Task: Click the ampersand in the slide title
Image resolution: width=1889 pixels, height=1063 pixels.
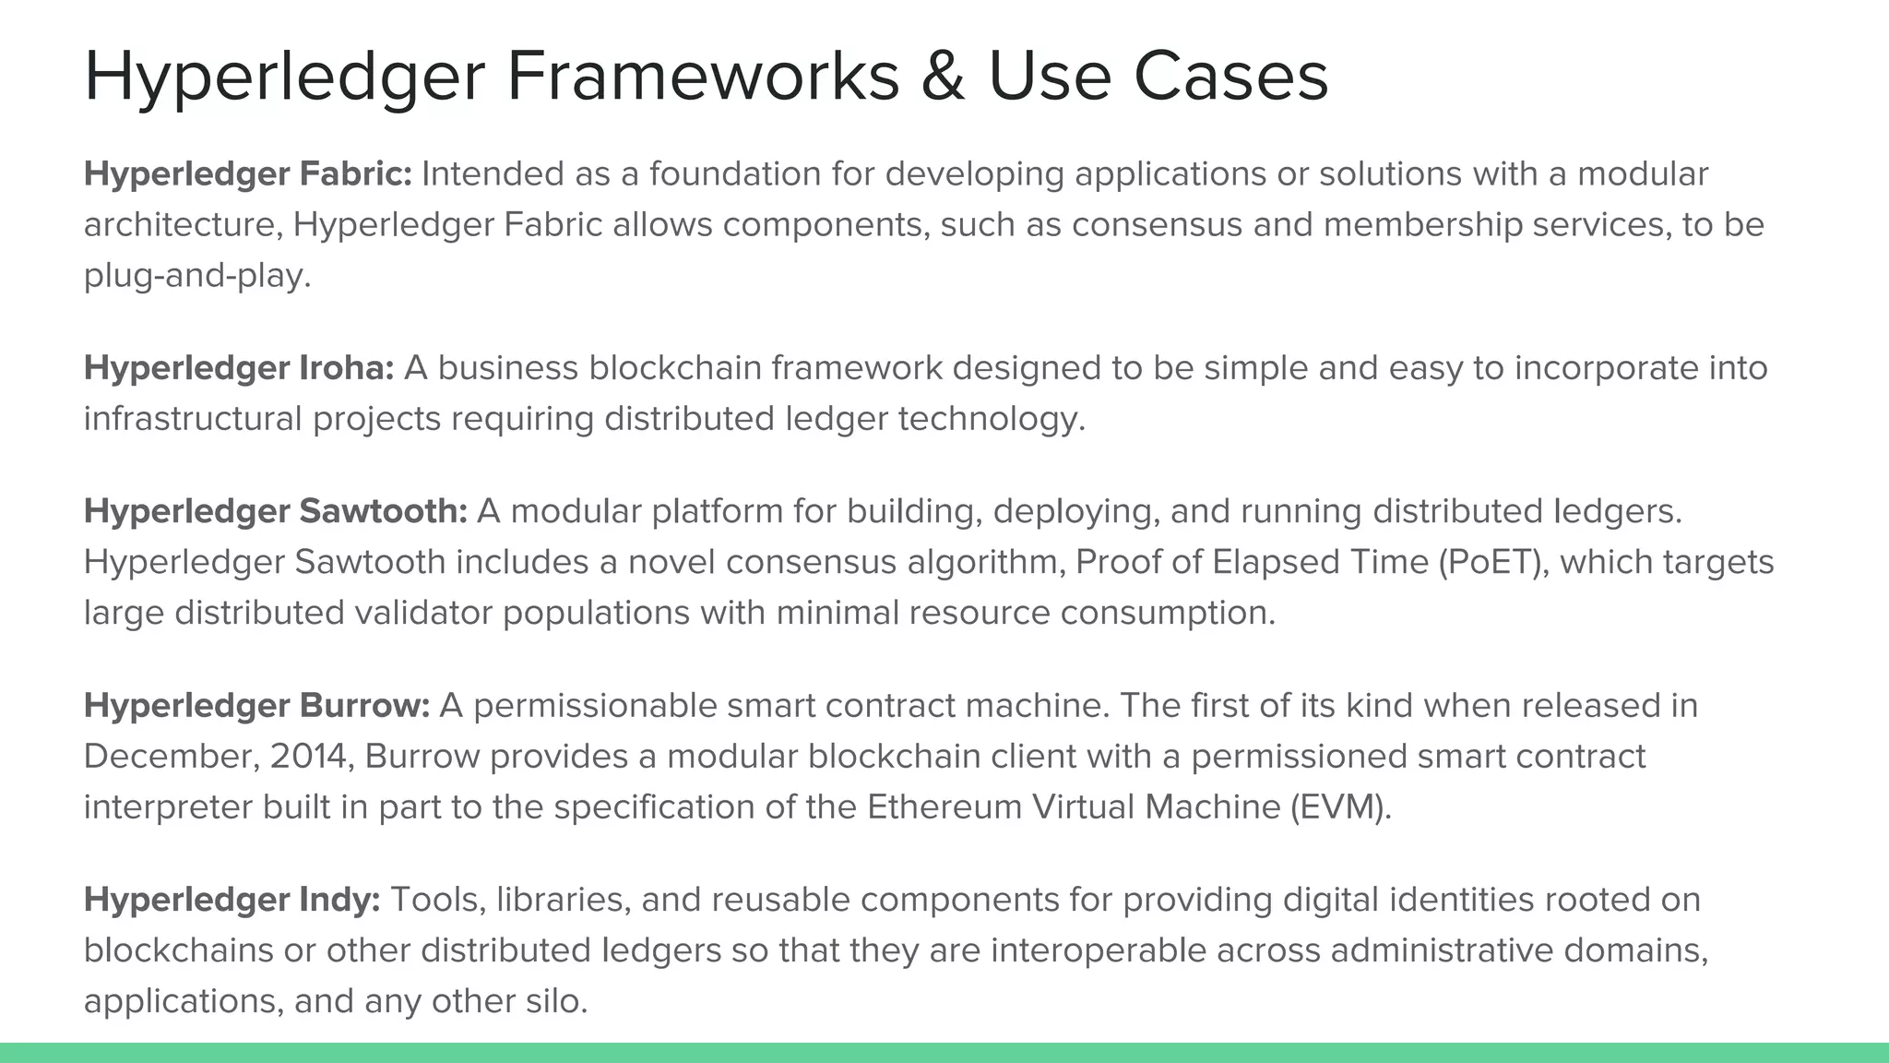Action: tap(943, 76)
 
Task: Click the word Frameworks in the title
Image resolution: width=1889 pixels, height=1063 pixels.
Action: tap(703, 76)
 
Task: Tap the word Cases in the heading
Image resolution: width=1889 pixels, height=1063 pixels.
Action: tap(1230, 76)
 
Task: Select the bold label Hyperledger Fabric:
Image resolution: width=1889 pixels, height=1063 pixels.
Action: tap(248, 173)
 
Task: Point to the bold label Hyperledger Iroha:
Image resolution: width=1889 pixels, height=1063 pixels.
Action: tap(239, 367)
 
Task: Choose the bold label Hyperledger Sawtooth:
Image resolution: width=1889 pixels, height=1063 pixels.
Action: tap(276, 510)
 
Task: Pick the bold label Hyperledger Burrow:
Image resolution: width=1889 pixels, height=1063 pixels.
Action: tap(256, 705)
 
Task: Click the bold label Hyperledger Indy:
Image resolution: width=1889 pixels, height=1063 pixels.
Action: tap(232, 899)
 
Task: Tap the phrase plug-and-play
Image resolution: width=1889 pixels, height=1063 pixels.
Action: tap(196, 275)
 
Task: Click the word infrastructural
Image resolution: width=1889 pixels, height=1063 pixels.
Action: tap(193, 418)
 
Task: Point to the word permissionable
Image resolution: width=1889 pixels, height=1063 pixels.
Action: tap(595, 705)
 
